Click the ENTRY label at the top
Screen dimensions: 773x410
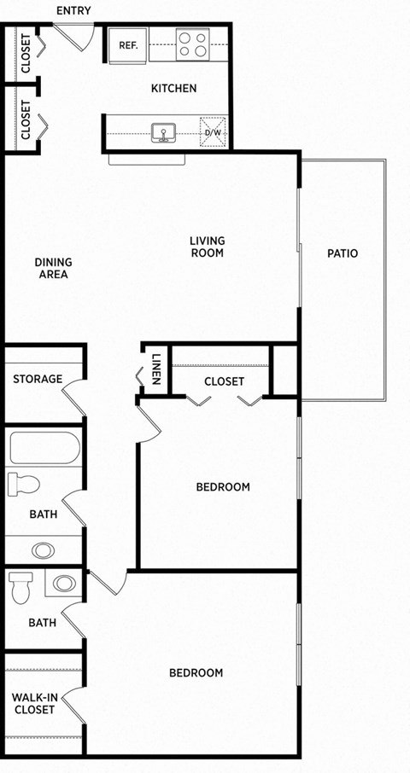(73, 10)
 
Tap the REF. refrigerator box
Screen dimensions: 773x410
(129, 45)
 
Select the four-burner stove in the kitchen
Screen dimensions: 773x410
(193, 44)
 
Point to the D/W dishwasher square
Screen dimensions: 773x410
(212, 133)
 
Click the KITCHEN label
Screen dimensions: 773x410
(173, 88)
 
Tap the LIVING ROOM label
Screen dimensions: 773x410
(207, 247)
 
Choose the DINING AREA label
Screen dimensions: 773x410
(53, 268)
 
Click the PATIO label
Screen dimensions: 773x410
(343, 253)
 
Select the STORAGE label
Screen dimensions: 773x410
(38, 379)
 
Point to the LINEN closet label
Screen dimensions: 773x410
(156, 370)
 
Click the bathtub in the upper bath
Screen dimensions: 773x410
(44, 448)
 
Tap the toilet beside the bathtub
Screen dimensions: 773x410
(24, 485)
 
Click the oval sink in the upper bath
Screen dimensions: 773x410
(42, 549)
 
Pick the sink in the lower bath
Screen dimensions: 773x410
(63, 584)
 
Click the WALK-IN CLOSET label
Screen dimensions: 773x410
(35, 704)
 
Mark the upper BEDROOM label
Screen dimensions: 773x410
(223, 487)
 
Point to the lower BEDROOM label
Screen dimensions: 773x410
(196, 673)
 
